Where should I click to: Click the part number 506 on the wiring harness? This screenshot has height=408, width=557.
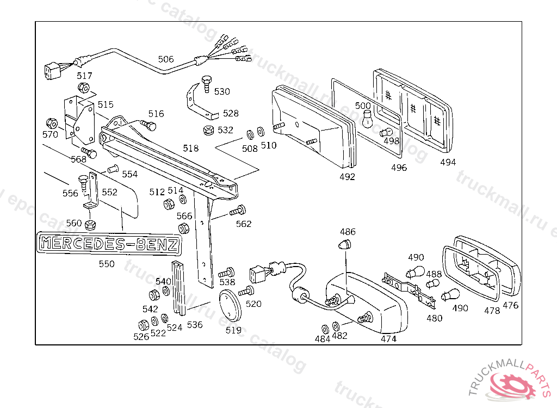pyautogui.click(x=166, y=59)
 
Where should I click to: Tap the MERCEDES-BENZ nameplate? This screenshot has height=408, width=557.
pyautogui.click(x=109, y=244)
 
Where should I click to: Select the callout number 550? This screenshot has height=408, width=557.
pyautogui.click(x=107, y=264)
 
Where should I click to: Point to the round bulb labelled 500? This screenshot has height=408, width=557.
pyautogui.click(x=368, y=119)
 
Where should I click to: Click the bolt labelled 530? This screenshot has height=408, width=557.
pyautogui.click(x=206, y=84)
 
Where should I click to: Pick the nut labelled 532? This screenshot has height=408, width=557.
pyautogui.click(x=208, y=130)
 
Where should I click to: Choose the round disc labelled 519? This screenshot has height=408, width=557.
pyautogui.click(x=230, y=305)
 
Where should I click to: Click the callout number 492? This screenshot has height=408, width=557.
pyautogui.click(x=347, y=177)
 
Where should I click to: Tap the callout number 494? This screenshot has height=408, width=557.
pyautogui.click(x=448, y=162)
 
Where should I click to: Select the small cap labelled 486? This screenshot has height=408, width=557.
pyautogui.click(x=344, y=244)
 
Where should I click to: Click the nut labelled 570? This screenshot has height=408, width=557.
pyautogui.click(x=52, y=123)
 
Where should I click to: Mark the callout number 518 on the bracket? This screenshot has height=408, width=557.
pyautogui.click(x=191, y=148)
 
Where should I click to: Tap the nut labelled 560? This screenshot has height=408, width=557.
pyautogui.click(x=91, y=225)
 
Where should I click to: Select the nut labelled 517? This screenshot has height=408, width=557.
pyautogui.click(x=83, y=87)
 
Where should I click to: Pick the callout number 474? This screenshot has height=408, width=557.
pyautogui.click(x=388, y=339)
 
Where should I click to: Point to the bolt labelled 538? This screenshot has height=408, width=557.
pyautogui.click(x=226, y=273)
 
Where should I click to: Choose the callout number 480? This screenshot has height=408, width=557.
pyautogui.click(x=435, y=318)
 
